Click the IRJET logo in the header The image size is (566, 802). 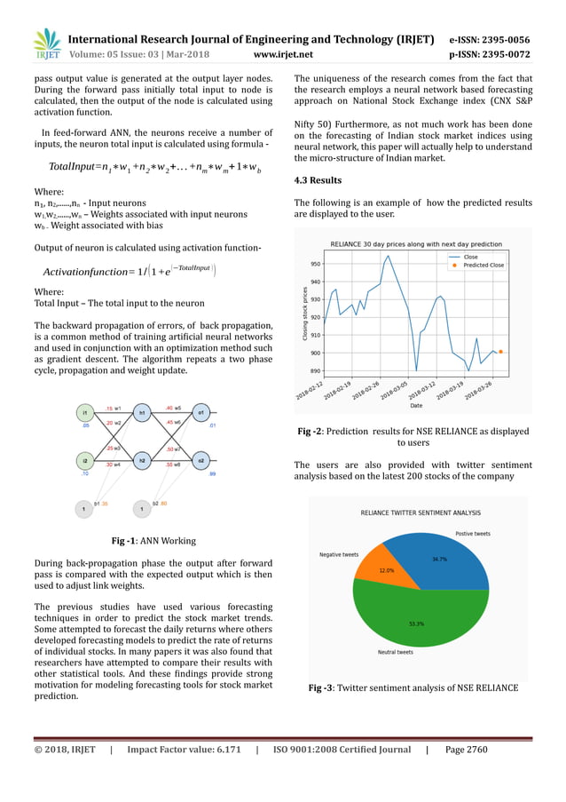(x=46, y=44)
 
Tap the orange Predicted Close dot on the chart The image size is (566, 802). (x=500, y=352)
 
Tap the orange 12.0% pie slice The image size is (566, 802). (x=387, y=570)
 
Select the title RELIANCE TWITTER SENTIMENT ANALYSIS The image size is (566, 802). (x=421, y=513)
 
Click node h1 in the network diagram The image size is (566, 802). (x=139, y=413)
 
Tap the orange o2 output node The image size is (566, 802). (x=202, y=460)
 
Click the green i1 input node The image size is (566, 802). (x=84, y=413)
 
